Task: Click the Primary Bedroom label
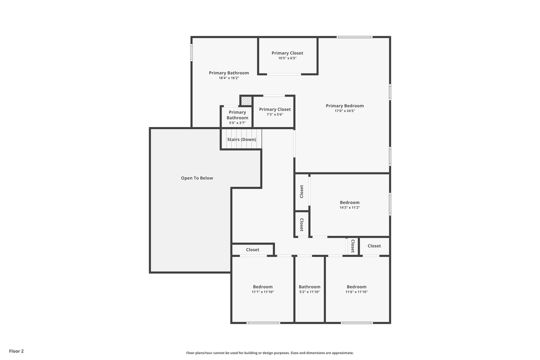[344, 105]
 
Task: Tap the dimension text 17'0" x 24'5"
[344, 111]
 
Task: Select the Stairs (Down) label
[241, 139]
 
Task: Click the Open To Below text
[197, 178]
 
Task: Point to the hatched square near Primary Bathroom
[246, 100]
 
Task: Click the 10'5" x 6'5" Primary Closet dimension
[287, 58]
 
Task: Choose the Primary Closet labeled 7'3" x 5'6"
[274, 109]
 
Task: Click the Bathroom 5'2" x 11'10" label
[309, 287]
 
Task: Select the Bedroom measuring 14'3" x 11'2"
[349, 202]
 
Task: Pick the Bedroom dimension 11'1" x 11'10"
[262, 292]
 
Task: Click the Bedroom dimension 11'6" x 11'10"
[356, 292]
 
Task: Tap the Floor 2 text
[16, 351]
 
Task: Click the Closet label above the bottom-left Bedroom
[252, 249]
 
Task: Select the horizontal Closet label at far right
[374, 245]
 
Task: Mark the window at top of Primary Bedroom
[354, 37]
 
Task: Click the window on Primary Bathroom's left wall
[191, 53]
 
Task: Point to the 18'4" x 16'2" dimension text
[228, 78]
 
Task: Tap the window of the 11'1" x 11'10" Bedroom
[263, 322]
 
